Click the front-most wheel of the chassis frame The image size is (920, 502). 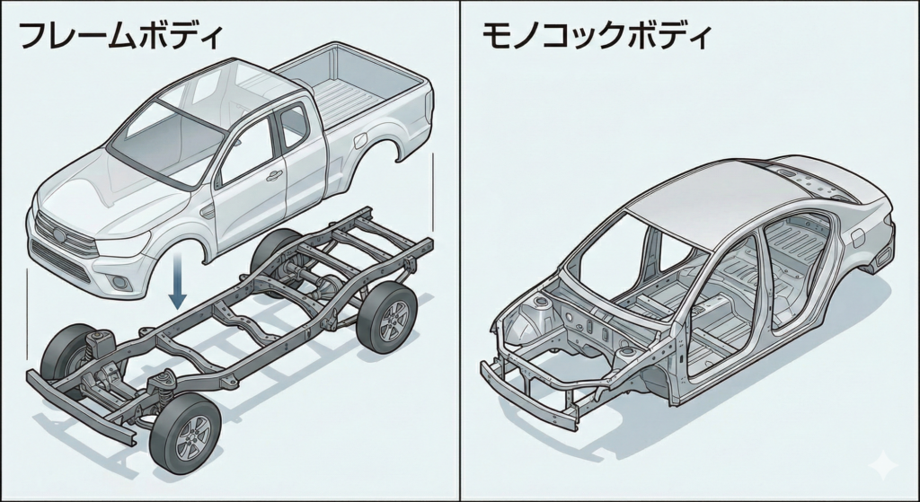[185, 435]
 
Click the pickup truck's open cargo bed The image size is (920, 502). [359, 90]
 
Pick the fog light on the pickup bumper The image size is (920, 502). [119, 284]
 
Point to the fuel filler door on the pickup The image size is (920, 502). [364, 142]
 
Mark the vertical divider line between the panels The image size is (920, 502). [460, 251]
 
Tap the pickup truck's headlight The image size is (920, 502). [121, 242]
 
